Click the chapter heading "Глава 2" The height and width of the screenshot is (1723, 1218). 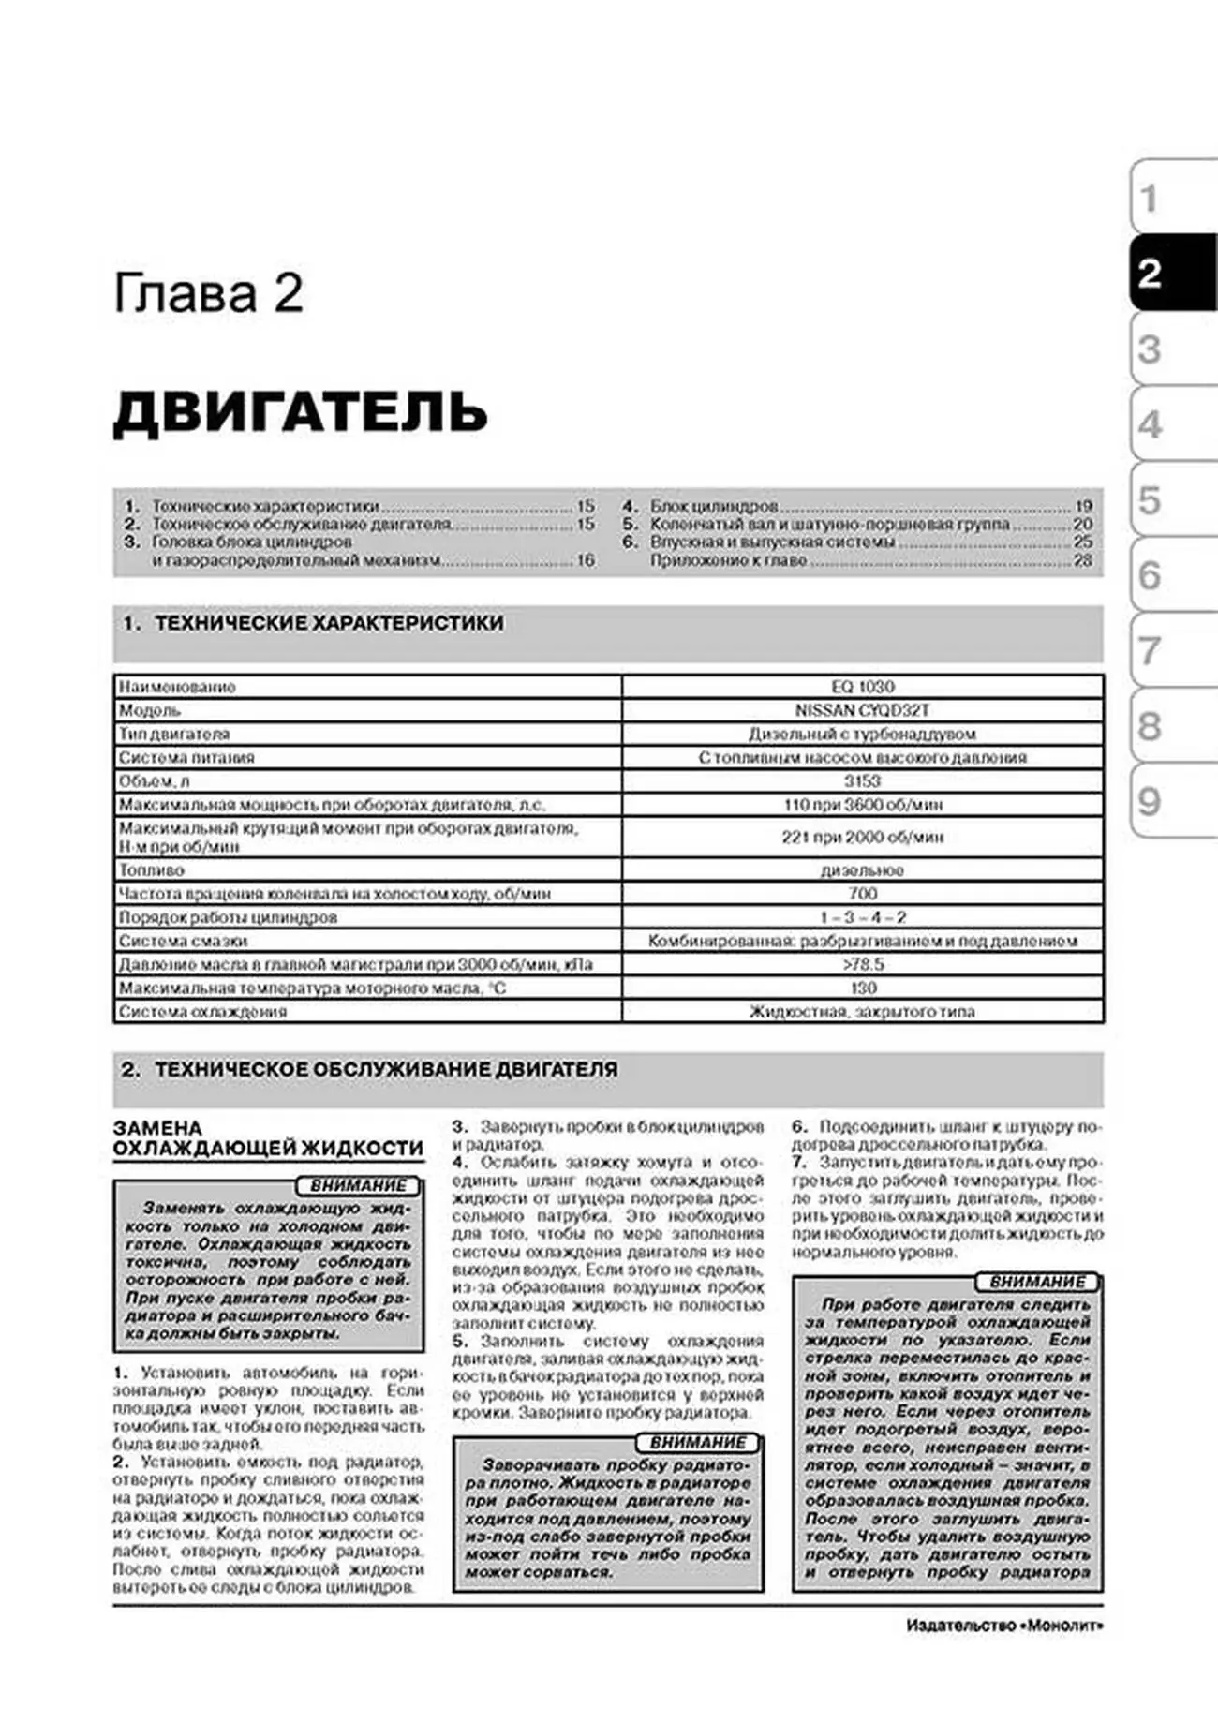208,293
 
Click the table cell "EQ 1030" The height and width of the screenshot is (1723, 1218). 862,687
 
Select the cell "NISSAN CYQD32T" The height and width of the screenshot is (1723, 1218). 862,710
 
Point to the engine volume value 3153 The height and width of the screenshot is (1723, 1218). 862,780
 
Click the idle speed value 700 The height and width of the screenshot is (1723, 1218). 862,893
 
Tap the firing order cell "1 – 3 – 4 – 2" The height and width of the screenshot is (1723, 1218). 862,917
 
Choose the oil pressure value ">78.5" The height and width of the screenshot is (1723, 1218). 862,964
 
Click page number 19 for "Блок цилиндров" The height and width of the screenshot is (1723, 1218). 1083,506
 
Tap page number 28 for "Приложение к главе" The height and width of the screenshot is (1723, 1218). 1083,560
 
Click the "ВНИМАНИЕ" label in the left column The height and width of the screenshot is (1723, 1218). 357,1185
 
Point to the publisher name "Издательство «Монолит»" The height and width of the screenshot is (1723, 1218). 1003,1626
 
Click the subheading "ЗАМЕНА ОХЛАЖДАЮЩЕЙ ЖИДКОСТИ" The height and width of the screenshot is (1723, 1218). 267,1138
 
